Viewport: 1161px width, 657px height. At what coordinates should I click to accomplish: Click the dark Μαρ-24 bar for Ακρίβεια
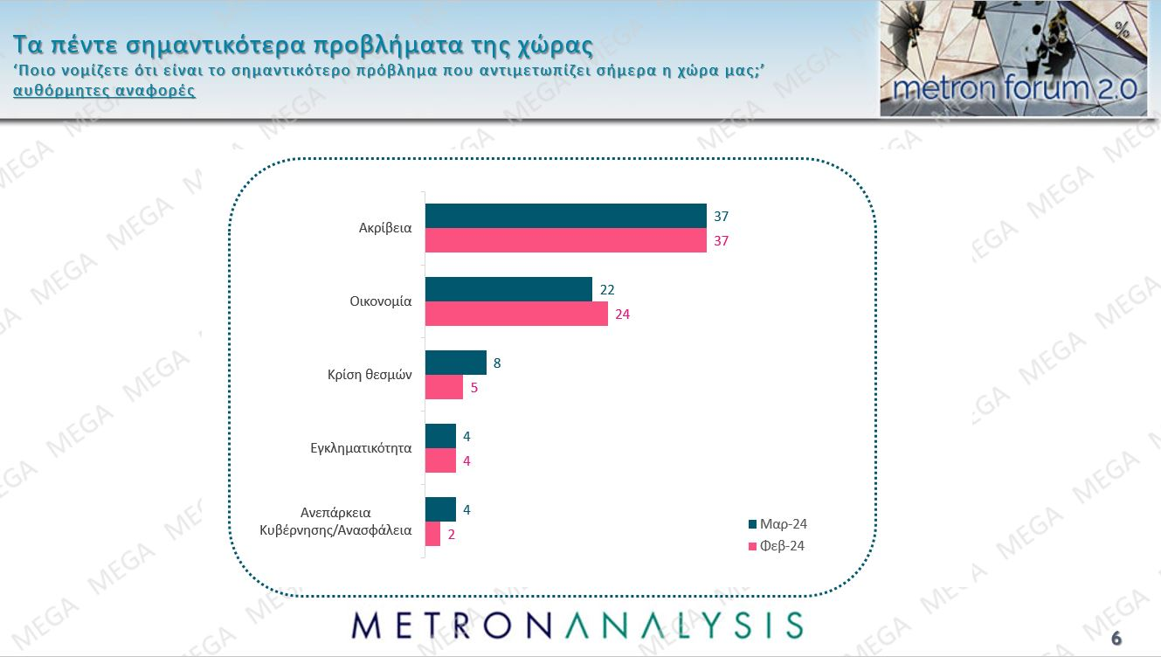pos(565,216)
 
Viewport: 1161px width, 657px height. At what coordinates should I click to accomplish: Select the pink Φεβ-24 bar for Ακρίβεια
pos(565,240)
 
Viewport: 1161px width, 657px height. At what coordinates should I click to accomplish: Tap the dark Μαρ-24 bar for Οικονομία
pos(508,289)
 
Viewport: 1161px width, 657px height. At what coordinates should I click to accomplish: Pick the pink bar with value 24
pos(516,314)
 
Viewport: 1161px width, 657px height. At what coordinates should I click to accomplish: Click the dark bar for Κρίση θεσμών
pos(455,363)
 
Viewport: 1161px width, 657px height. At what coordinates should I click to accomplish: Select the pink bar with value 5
pos(444,387)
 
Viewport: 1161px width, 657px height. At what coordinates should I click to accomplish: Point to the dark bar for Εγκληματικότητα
pos(440,436)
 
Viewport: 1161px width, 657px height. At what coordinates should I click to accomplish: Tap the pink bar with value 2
pos(432,534)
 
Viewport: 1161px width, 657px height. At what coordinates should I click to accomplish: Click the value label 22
pos(607,289)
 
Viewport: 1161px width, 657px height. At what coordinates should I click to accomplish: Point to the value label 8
pos(497,363)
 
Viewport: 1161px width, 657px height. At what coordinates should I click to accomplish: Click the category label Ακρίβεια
pos(385,229)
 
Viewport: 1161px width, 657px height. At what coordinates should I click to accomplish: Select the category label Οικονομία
pos(375,302)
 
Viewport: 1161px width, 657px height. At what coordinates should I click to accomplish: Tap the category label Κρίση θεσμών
pos(363,376)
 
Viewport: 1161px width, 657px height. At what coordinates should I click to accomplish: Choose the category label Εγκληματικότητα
pos(361,449)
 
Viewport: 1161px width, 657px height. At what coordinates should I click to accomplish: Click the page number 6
pos(1116,638)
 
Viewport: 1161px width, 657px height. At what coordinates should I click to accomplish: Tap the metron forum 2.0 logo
pos(1013,59)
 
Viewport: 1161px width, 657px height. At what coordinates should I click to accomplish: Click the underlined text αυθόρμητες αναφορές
pos(105,92)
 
